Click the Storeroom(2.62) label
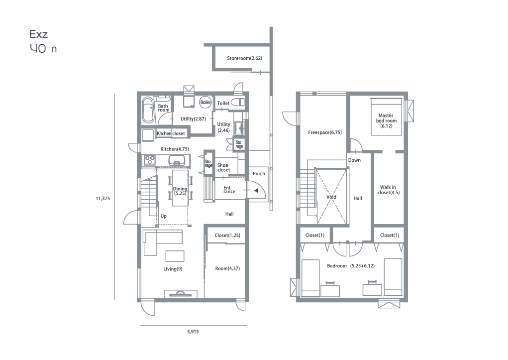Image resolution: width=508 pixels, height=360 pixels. coord(244,58)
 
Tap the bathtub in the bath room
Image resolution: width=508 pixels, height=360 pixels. coord(148,110)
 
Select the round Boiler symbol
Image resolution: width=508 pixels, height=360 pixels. coord(205,102)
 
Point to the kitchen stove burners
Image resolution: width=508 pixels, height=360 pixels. coord(150,159)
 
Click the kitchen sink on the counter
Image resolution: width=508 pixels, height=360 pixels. coord(176,160)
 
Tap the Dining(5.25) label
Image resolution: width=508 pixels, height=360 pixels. coord(180,191)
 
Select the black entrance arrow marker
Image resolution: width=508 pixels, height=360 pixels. coord(256,191)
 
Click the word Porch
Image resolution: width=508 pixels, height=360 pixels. coord(259,173)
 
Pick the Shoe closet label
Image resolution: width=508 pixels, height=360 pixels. coord(223,167)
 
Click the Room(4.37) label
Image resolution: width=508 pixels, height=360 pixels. coord(227,268)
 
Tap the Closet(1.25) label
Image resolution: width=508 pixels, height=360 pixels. coord(227,236)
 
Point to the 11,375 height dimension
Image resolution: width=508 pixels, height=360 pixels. coord(102,199)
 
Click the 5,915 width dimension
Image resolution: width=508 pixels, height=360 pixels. coord(193,332)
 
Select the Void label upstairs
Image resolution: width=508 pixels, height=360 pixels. coord(331,197)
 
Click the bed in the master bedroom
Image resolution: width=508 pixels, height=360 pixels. coord(386,117)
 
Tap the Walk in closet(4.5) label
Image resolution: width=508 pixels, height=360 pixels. coord(388,190)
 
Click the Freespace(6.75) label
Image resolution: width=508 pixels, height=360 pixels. coord(324,132)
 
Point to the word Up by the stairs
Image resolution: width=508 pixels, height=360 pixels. coord(164,216)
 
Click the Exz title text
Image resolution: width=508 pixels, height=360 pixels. coord(38,34)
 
